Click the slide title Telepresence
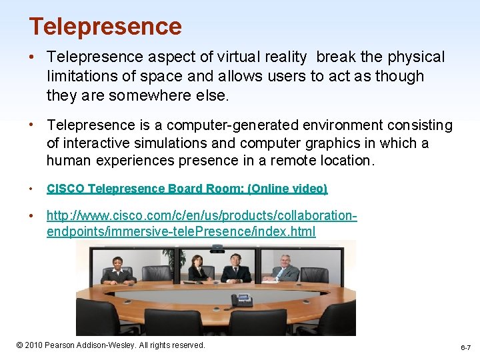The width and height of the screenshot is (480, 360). click(105, 27)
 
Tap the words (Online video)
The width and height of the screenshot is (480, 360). click(287, 189)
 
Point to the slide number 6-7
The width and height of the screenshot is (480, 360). click(465, 348)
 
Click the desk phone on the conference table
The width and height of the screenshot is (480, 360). click(241, 300)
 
